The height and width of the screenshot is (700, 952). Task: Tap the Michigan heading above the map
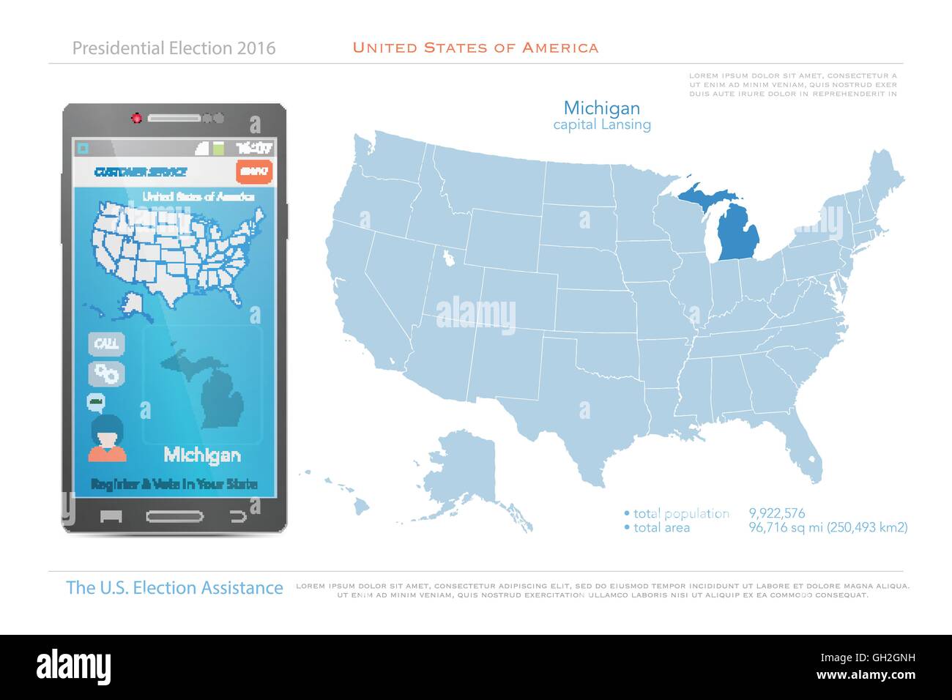click(x=602, y=108)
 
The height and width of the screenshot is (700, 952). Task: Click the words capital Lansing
click(x=602, y=125)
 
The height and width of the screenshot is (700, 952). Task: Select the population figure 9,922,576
click(x=776, y=513)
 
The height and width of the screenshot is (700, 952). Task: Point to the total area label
click(x=661, y=527)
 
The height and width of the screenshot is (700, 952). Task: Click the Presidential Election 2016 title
click(x=174, y=48)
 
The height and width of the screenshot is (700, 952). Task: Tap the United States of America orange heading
click(x=475, y=48)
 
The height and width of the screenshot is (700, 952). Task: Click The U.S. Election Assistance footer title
click(x=174, y=588)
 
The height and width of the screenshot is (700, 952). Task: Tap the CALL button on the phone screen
click(x=107, y=343)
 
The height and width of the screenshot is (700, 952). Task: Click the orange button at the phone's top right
click(x=254, y=171)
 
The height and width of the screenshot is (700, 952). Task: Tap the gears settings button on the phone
click(x=107, y=373)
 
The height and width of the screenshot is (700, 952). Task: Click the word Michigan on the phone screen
click(x=201, y=455)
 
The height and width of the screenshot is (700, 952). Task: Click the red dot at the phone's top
click(x=135, y=117)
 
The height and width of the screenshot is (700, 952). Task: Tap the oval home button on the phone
click(x=175, y=515)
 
